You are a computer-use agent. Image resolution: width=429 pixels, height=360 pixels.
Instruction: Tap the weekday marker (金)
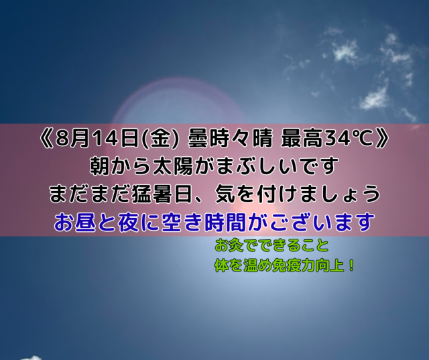[160, 139]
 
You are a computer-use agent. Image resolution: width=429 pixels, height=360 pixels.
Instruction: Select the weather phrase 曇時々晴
[230, 139]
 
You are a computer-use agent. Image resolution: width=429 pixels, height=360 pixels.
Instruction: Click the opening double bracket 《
[47, 139]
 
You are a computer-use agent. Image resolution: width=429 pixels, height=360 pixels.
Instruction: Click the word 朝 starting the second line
[100, 166]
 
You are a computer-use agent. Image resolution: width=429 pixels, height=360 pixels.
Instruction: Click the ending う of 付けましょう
[371, 194]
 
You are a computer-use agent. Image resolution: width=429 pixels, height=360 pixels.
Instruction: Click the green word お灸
[230, 245]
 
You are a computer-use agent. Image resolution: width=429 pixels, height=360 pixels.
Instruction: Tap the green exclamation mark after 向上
[351, 266]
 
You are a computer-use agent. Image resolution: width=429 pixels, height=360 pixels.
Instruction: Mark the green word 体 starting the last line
[222, 266]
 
